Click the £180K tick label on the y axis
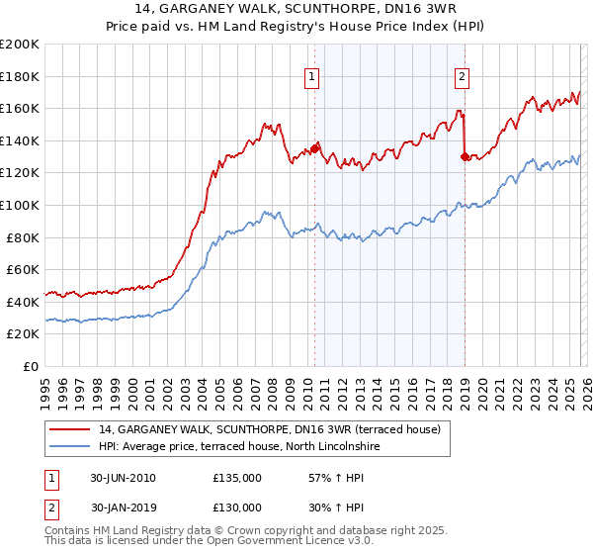point(20,76)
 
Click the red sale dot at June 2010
point(315,148)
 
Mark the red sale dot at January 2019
point(465,156)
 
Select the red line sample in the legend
point(69,429)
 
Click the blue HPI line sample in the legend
point(69,447)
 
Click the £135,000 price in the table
point(237,478)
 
